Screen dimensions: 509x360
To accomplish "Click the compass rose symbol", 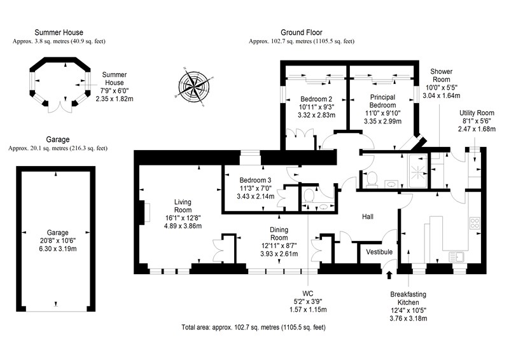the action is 193,87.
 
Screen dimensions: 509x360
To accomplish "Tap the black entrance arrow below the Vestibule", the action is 389,275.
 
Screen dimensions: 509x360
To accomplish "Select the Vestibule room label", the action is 379,252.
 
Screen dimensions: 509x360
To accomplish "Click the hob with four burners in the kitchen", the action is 475,223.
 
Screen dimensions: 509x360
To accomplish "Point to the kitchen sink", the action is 457,257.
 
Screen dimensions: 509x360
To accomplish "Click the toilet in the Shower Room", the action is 372,179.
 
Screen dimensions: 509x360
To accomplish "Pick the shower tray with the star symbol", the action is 418,170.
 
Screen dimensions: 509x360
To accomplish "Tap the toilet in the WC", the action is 309,195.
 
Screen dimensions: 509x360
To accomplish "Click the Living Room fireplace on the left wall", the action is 144,212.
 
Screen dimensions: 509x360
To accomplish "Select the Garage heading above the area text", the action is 58,139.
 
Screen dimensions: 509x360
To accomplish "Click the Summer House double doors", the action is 60,107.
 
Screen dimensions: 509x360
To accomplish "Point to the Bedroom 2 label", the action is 316,99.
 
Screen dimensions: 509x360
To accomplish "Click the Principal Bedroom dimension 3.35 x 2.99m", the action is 382,121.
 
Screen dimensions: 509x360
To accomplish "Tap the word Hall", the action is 368,216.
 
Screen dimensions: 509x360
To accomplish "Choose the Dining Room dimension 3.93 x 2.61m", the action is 279,254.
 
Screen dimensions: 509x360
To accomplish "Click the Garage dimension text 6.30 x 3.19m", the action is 58,249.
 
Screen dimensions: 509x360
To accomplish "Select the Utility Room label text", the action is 477,113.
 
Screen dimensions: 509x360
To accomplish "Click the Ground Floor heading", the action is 302,32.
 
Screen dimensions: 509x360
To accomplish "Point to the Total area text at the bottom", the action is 253,327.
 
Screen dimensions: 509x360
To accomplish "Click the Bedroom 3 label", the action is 256,180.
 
